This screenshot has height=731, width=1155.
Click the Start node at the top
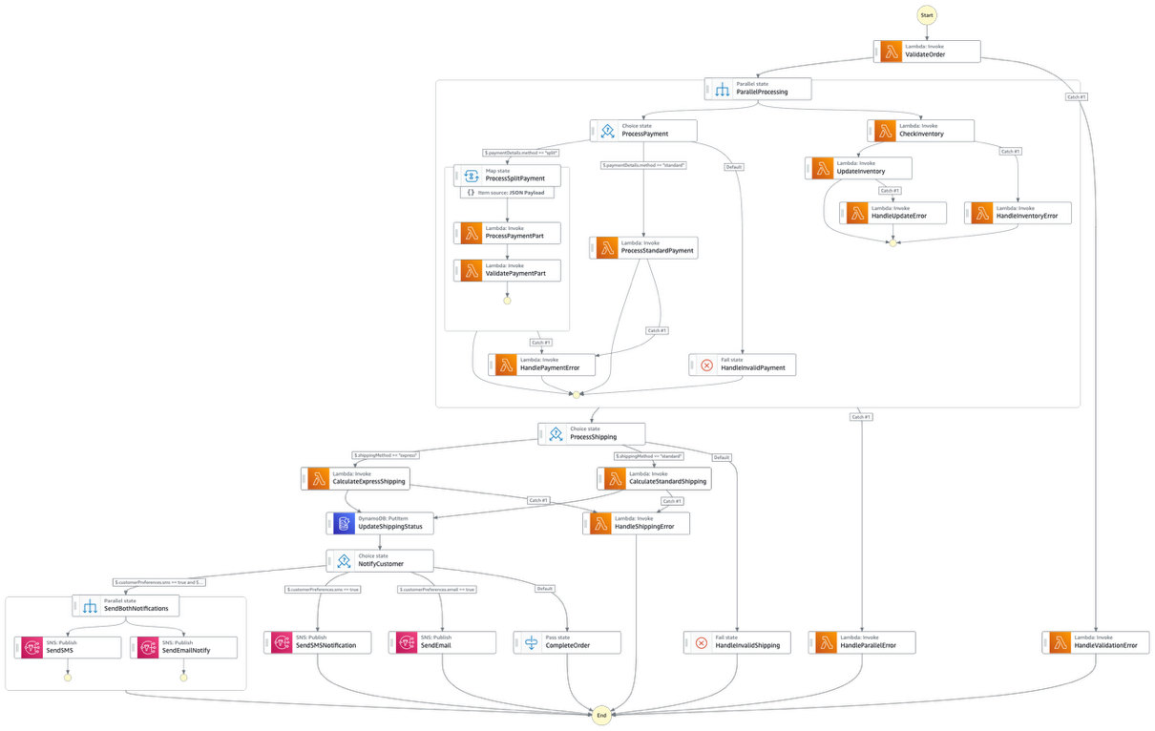click(926, 14)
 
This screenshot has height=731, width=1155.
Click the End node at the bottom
click(600, 715)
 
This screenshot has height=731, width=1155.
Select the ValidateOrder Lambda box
click(926, 51)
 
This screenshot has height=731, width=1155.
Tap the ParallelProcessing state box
click(759, 89)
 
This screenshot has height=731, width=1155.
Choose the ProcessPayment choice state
click(642, 130)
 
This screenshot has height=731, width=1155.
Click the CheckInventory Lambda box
click(920, 130)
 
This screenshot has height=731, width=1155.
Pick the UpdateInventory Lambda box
click(858, 168)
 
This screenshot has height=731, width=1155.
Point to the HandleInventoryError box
click(1018, 212)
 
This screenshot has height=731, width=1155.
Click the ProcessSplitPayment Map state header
click(507, 176)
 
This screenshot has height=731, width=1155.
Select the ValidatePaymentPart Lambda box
click(507, 271)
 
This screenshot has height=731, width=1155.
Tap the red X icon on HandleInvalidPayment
click(706, 365)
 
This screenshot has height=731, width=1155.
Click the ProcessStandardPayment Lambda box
click(642, 248)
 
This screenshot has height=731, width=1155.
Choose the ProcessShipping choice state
click(592, 433)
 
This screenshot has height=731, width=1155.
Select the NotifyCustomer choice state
click(380, 560)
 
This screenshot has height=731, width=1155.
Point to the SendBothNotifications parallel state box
click(126, 605)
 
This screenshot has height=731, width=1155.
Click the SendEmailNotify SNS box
click(183, 646)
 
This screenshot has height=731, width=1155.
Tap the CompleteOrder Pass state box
click(567, 642)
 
